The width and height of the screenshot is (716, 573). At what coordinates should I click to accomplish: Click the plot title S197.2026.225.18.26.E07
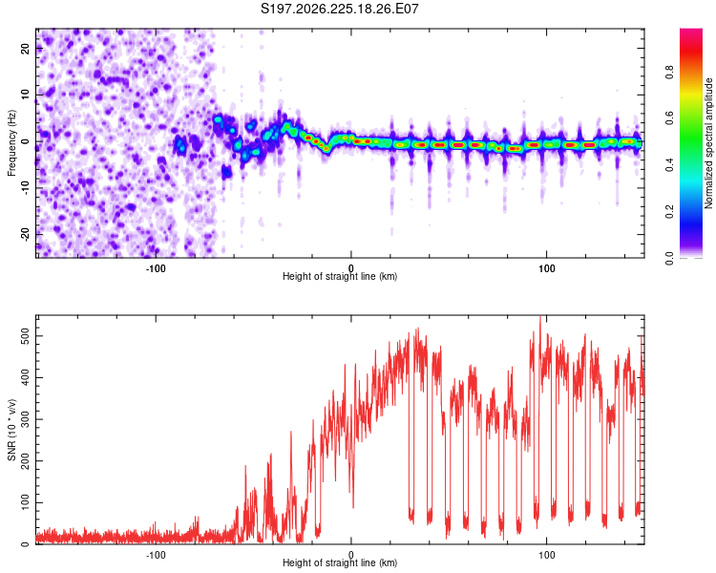click(339, 9)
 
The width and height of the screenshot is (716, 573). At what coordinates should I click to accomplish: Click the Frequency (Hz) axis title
click(11, 143)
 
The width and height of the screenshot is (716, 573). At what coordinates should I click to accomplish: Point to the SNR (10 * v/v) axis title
click(11, 430)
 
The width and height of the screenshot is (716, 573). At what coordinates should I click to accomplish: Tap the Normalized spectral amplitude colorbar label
click(707, 143)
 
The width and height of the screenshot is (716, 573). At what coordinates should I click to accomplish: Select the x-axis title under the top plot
click(340, 276)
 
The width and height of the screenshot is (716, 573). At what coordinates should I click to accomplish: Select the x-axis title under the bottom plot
click(340, 562)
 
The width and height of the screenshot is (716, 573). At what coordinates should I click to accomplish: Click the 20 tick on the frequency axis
click(25, 48)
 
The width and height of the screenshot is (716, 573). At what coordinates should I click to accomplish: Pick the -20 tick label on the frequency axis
click(25, 234)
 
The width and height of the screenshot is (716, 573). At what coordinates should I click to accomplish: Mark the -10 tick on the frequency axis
click(25, 187)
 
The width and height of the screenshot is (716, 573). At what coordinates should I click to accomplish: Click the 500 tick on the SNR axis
click(25, 336)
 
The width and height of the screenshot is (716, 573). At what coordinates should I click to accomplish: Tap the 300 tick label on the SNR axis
click(25, 419)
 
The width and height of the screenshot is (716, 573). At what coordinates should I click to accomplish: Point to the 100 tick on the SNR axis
click(25, 502)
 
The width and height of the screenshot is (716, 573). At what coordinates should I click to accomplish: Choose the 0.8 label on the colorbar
click(669, 73)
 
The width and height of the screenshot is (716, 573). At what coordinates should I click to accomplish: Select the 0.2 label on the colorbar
click(669, 212)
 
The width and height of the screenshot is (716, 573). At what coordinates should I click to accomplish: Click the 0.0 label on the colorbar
click(669, 258)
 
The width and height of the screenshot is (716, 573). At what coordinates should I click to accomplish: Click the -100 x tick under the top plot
click(156, 268)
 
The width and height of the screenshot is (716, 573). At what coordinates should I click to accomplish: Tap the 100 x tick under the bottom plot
click(547, 555)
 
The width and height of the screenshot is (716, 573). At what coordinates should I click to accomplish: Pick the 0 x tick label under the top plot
click(351, 268)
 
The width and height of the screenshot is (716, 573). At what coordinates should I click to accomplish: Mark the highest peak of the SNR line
click(540, 316)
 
